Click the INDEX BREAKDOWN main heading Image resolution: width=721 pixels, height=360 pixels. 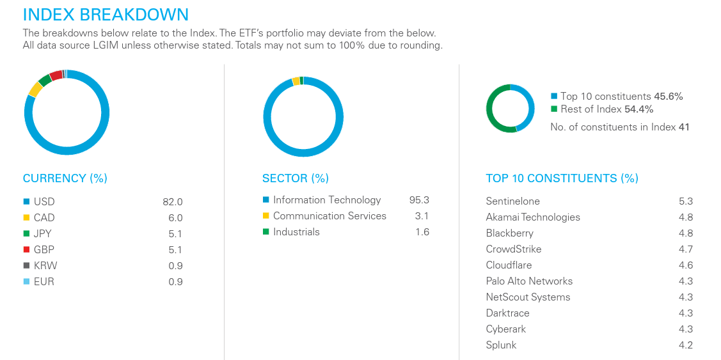(x=106, y=15)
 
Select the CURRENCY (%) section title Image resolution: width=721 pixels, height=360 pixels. (x=65, y=178)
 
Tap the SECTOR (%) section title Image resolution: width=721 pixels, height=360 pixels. (x=295, y=178)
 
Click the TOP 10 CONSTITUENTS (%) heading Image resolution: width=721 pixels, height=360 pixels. (x=562, y=178)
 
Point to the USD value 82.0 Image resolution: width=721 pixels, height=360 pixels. (x=172, y=202)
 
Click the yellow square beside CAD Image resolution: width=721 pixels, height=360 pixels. (x=26, y=218)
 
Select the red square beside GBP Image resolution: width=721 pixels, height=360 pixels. (x=26, y=250)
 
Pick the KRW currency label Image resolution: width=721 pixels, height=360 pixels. (x=45, y=266)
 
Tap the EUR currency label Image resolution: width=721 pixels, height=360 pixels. (x=44, y=282)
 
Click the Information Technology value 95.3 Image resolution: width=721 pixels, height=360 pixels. (x=419, y=200)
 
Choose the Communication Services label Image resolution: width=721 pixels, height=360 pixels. (x=329, y=216)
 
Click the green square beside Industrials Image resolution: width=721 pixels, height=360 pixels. (x=265, y=232)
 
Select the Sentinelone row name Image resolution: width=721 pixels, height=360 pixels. (x=512, y=201)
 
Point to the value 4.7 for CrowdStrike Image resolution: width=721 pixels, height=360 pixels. (x=685, y=249)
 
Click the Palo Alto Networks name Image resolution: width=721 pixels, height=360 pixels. (x=529, y=281)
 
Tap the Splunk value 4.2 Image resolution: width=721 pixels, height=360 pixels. (x=685, y=345)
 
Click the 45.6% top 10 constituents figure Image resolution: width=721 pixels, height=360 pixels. (x=668, y=97)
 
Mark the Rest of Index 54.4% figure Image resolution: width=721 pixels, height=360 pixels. (x=638, y=109)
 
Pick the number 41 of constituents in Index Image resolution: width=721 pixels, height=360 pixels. (x=684, y=127)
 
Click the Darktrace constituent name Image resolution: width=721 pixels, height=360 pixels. (x=507, y=313)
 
